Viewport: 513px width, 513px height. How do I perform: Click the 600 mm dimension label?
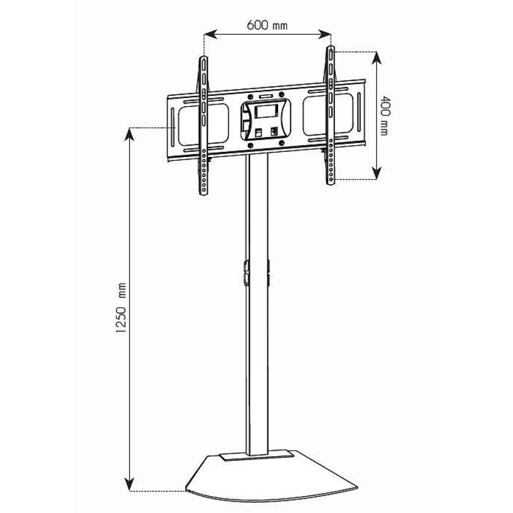click(x=267, y=25)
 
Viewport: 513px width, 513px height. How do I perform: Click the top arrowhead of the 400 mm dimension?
click(x=377, y=56)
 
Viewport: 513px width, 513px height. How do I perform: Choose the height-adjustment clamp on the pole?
click(x=256, y=272)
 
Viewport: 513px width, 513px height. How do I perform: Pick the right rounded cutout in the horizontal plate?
click(x=328, y=116)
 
